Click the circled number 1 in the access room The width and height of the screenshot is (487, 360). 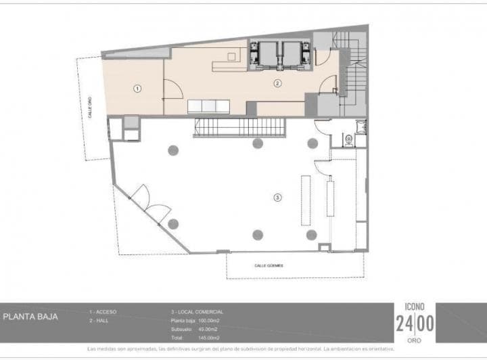coord(137,88)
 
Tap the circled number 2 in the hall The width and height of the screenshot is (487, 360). coord(277,83)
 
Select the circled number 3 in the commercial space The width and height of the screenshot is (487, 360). coord(277,198)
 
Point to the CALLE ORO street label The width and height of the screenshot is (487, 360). coord(90,107)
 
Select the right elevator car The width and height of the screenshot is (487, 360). coord(294,54)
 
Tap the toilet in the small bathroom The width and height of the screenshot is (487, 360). coord(348,140)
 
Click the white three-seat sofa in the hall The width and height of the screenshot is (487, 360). coord(208,107)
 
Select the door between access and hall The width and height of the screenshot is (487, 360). coord(170,87)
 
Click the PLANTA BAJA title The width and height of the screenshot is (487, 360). coord(30,316)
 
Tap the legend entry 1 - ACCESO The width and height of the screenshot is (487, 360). coord(103,312)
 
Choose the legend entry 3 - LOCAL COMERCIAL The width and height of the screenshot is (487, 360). coord(197,312)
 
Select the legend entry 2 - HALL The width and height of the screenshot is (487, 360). coord(100,320)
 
